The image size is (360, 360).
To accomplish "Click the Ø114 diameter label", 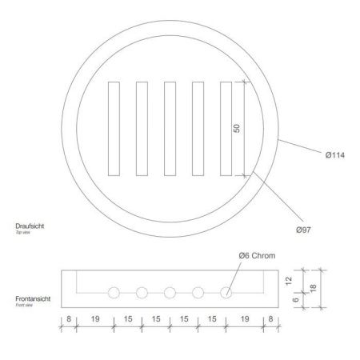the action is [335, 155].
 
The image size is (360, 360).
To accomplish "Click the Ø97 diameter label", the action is [303, 230].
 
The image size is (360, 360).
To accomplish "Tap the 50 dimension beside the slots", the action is [237, 128].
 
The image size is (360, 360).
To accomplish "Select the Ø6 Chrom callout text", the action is [257, 256].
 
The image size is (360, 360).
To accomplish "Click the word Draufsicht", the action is [30, 226].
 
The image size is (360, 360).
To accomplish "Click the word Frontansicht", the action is [33, 298].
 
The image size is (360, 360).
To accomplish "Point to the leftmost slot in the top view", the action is [114, 129].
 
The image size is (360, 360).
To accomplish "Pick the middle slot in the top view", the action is [170, 129].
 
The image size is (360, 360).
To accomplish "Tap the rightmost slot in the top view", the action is [226, 129].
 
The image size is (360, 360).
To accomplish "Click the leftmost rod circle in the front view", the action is [114, 293].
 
